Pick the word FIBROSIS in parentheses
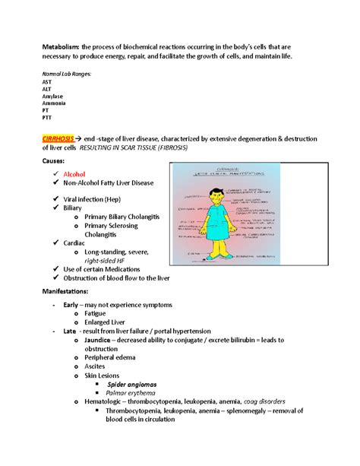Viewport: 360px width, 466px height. pyautogui.click(x=165, y=148)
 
